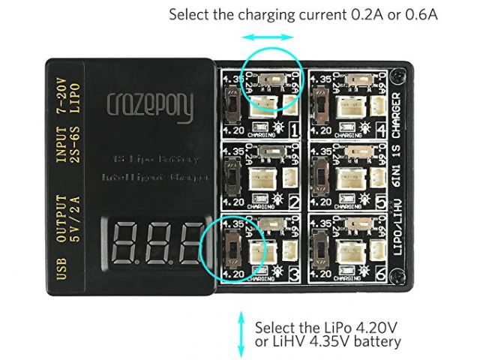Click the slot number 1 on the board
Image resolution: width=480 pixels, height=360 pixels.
coord(295,133)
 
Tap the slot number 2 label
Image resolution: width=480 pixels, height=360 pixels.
coord(295,203)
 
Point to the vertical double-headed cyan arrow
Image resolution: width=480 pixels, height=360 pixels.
coord(241,334)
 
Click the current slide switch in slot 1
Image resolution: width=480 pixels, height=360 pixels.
coord(270,79)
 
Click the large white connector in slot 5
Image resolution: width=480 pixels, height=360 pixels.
coord(351,177)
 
